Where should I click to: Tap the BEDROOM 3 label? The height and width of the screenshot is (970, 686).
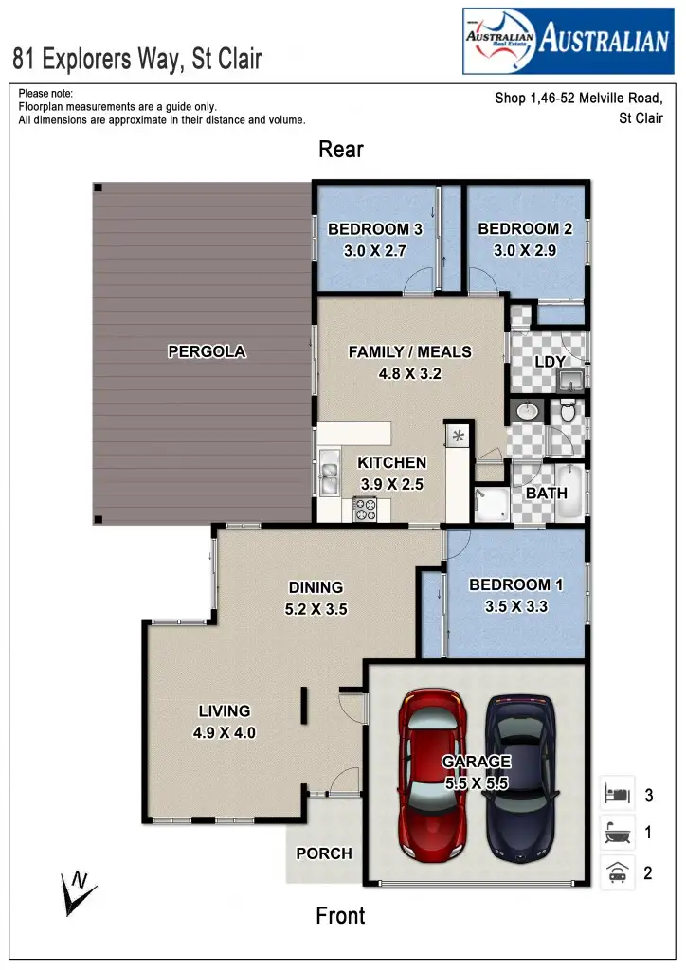(x=374, y=229)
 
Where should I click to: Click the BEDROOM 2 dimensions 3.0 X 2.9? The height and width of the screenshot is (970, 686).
(x=525, y=251)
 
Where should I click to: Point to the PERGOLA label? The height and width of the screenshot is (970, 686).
(x=207, y=351)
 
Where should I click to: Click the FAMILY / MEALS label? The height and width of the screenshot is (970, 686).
(x=409, y=352)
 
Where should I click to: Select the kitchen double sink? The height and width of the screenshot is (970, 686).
(x=330, y=474)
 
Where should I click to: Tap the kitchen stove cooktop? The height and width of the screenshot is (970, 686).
(x=365, y=509)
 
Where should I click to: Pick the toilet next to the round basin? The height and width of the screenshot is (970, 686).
(x=567, y=411)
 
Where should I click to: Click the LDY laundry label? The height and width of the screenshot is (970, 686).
(x=550, y=362)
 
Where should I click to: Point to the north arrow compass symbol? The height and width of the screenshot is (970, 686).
(x=76, y=890)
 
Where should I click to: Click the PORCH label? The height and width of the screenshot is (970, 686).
(x=324, y=853)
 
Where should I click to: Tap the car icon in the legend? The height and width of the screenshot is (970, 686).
(x=617, y=871)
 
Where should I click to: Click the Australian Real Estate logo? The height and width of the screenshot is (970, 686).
(x=567, y=41)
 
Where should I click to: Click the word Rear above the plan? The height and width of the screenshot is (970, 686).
(x=341, y=150)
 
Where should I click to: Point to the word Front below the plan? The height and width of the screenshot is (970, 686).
(x=340, y=915)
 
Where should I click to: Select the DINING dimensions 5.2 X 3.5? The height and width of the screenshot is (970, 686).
(x=316, y=609)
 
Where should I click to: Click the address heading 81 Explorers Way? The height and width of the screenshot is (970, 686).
(x=137, y=60)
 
